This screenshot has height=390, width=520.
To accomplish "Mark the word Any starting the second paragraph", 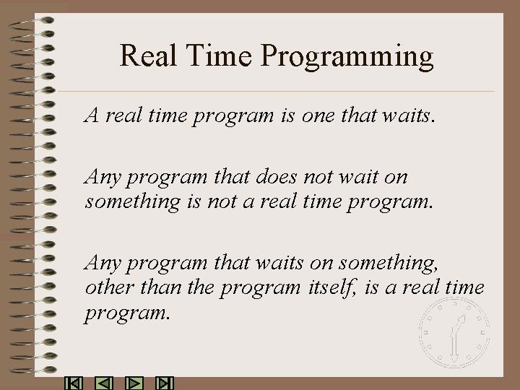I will [x=101, y=178].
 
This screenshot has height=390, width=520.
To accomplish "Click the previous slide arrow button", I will [x=104, y=383].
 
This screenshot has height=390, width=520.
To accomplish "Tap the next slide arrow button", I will [x=135, y=383].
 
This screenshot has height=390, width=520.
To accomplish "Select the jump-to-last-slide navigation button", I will [x=165, y=383].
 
